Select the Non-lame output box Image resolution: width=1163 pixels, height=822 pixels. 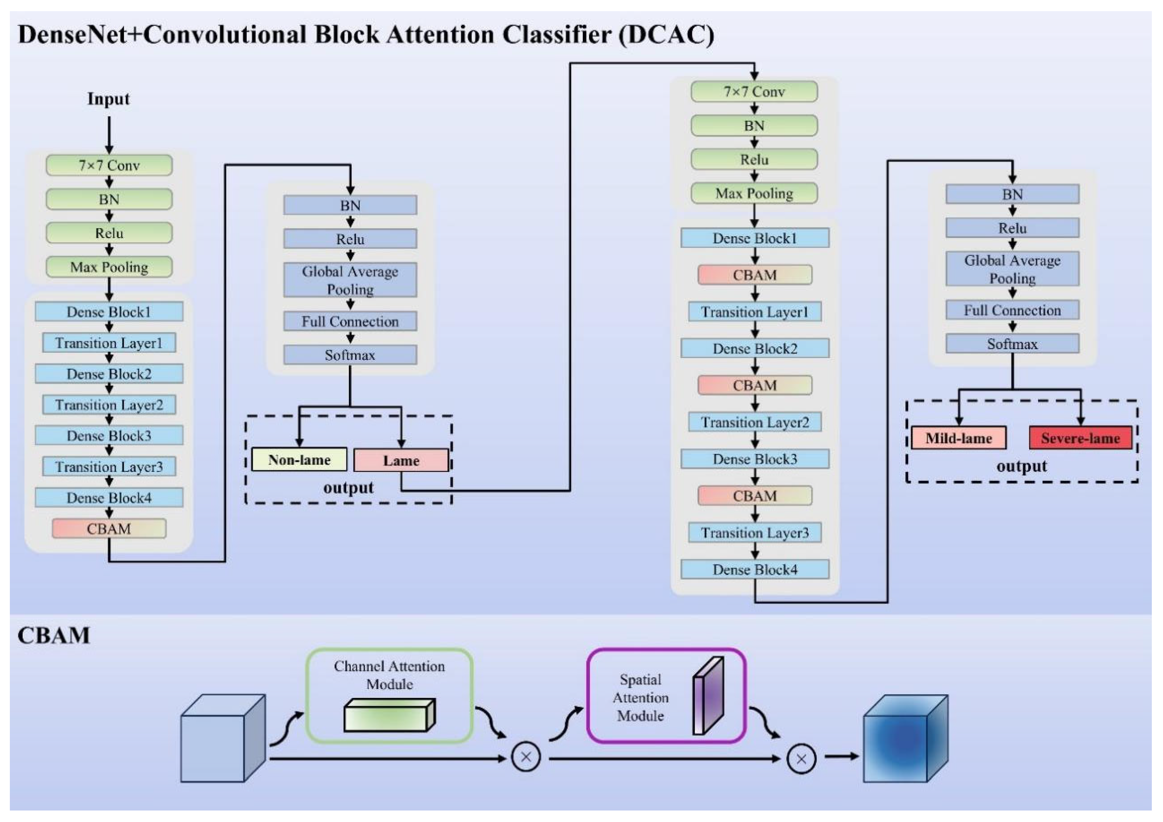(x=299, y=459)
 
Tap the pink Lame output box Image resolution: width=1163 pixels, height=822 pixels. (x=401, y=460)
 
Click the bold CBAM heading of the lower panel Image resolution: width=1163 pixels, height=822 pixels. (x=54, y=635)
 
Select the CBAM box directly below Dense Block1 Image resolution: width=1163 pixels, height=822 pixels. (x=755, y=275)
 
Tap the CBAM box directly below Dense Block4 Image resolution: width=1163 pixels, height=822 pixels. (x=109, y=529)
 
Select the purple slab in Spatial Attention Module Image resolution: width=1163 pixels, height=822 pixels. (x=708, y=695)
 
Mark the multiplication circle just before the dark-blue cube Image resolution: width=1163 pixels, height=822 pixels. (x=801, y=759)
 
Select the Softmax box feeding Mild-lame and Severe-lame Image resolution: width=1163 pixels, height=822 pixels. (x=1012, y=344)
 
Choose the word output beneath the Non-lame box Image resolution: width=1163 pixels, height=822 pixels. (x=349, y=488)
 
